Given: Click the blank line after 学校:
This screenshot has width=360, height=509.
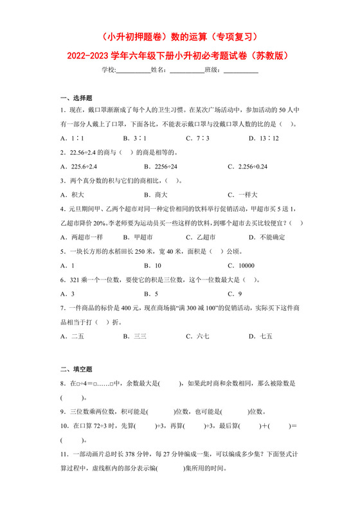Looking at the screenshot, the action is coord(133,70).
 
